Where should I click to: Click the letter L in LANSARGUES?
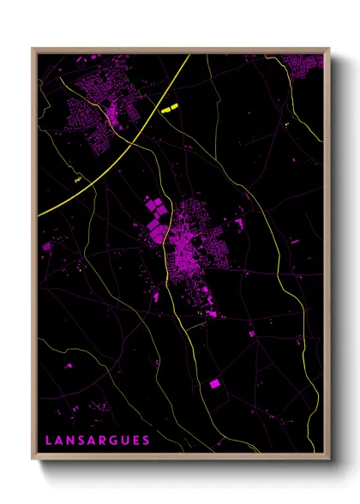pos(48,441)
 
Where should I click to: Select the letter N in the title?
pos(71,441)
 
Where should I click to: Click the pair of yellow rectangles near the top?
pos(167,108)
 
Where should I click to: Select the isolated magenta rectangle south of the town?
pos(214,384)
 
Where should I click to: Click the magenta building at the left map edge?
pos(46,247)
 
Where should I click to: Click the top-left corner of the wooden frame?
pos(33,49)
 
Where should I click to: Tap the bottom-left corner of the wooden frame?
pos(33,459)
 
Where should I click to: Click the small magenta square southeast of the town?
pos(251,333)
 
